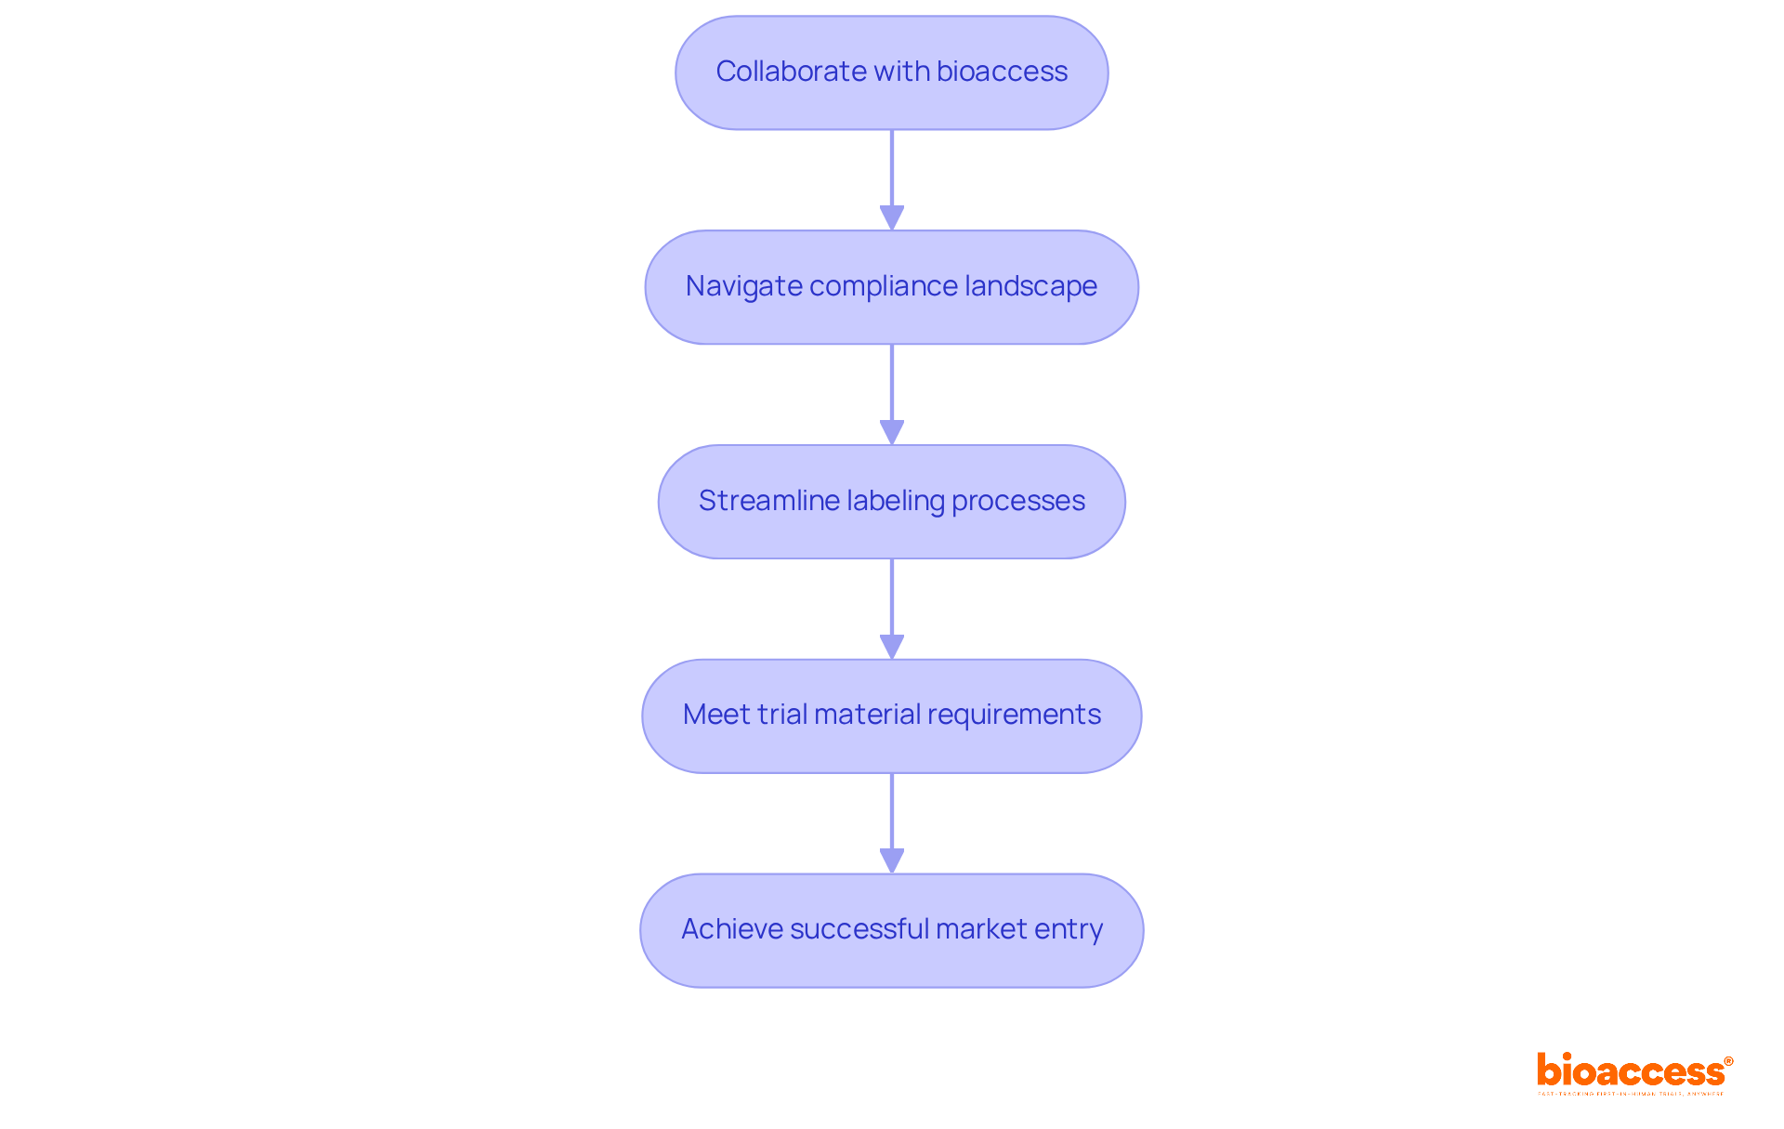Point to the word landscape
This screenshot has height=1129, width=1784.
click(x=1030, y=286)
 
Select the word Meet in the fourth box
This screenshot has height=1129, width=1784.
click(x=716, y=715)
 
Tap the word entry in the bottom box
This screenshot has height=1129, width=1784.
click(x=1069, y=929)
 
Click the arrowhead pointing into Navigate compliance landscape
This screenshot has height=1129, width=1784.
click(x=892, y=218)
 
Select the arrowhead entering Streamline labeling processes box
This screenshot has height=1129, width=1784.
click(x=892, y=433)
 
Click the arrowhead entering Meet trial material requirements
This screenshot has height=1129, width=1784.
click(x=892, y=648)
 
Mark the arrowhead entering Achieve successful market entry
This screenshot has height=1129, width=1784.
click(x=892, y=861)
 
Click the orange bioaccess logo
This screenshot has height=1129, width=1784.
click(x=1630, y=1071)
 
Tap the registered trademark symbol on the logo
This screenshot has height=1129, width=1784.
click(x=1728, y=1061)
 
